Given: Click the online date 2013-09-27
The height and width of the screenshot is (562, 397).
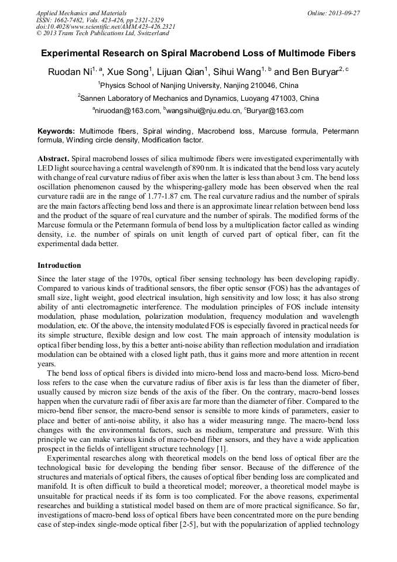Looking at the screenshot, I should (344, 12).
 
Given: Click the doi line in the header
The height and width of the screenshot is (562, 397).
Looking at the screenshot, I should (105, 26).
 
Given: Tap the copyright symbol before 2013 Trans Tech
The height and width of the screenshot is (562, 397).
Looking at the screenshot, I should (39, 33).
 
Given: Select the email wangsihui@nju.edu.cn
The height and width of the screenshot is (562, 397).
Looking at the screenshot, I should (204, 110).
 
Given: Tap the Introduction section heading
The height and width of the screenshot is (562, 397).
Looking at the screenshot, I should (59, 265).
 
